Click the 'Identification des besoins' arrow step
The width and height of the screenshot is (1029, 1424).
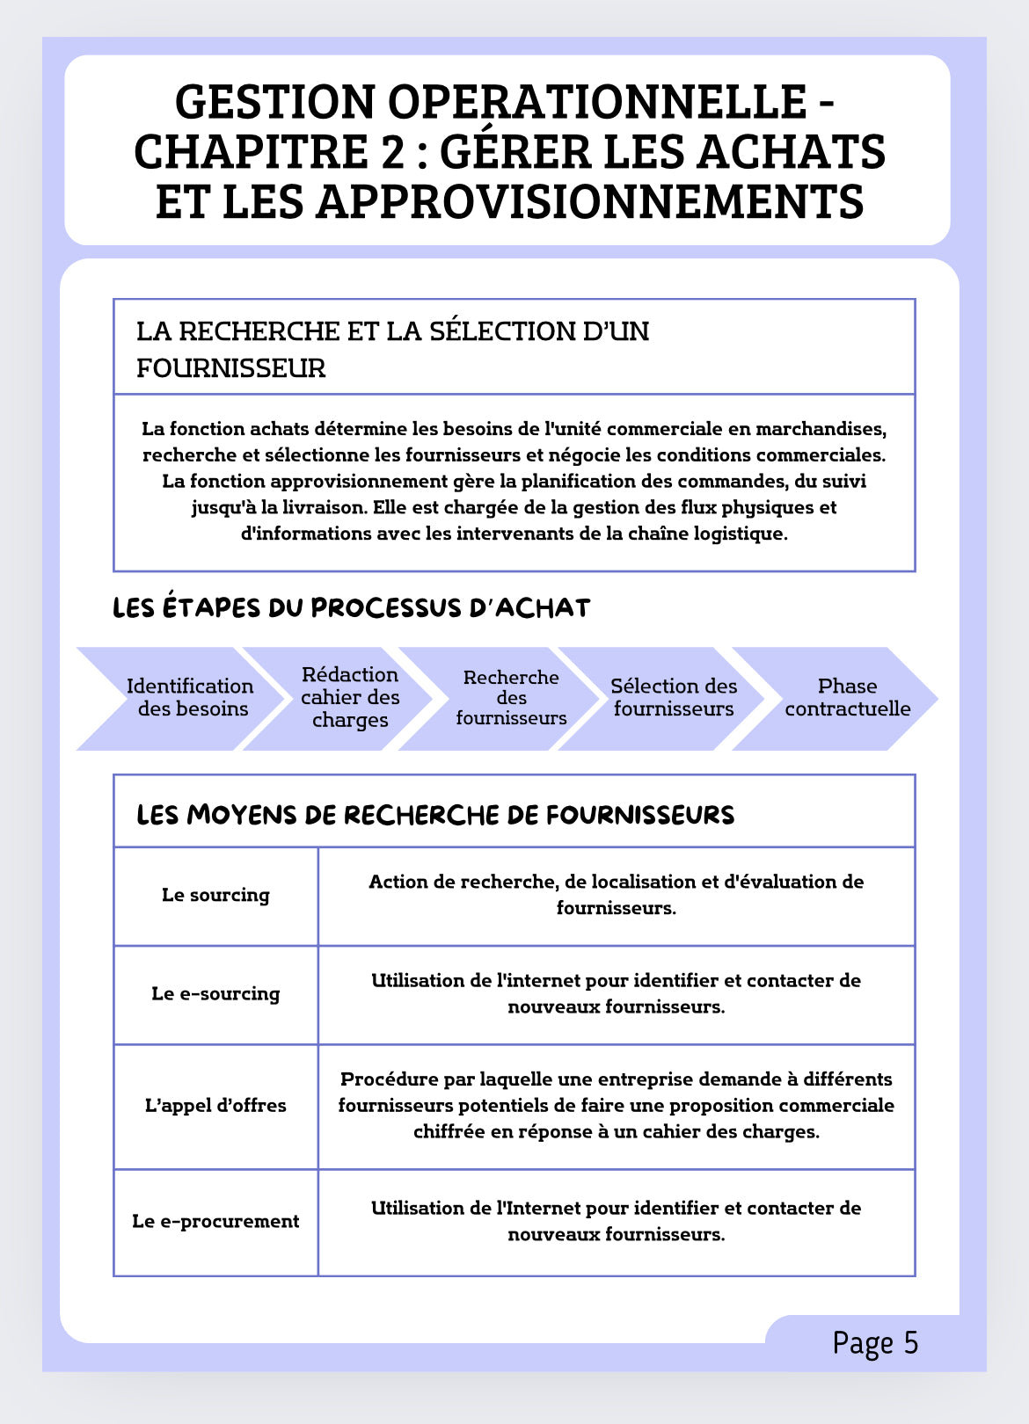pos(190,698)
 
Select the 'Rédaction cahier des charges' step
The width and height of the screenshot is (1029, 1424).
pos(350,698)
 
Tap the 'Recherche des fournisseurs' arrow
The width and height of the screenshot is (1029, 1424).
pos(511,698)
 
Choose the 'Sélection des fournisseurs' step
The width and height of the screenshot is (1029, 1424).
pos(674,698)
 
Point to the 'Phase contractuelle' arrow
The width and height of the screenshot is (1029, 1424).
pos(847,698)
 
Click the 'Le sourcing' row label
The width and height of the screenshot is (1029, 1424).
pos(215,896)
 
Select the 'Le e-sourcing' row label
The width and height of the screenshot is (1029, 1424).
pos(215,994)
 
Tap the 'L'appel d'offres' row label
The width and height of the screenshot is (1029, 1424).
pos(215,1106)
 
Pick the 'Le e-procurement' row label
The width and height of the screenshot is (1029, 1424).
pos(215,1222)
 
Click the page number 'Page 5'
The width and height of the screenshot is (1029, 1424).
pos(875,1343)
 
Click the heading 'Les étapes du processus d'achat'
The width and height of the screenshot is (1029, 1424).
pos(351,608)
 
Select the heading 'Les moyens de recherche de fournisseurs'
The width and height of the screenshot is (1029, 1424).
pos(435,815)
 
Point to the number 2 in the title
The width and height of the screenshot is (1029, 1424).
pos(393,151)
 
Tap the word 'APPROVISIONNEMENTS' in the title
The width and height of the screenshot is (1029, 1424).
pos(588,200)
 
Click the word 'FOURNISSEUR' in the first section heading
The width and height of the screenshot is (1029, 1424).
pos(230,368)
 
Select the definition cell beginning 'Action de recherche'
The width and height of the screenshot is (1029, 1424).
pos(616,895)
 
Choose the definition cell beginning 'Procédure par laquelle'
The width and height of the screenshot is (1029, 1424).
pos(616,1106)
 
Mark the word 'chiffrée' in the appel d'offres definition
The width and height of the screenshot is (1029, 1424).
pos(449,1132)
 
